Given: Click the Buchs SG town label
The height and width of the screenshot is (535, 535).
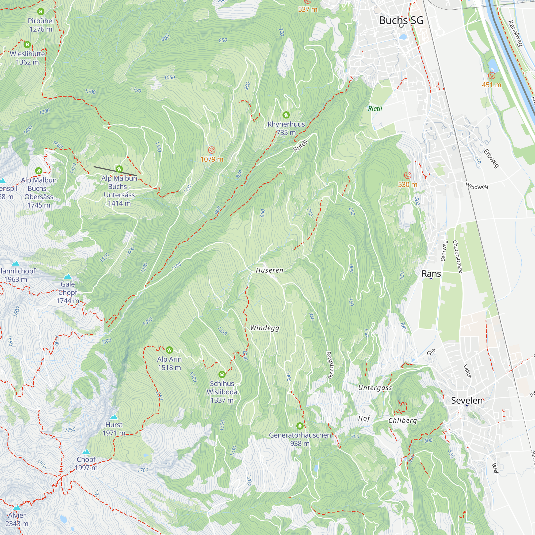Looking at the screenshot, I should pyautogui.click(x=401, y=20).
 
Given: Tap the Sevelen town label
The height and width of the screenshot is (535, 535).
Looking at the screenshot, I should pyautogui.click(x=467, y=400).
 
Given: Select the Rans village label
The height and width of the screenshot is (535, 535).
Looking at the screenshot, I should pyautogui.click(x=431, y=274).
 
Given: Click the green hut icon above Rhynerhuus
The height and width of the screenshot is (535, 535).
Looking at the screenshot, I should pyautogui.click(x=286, y=115).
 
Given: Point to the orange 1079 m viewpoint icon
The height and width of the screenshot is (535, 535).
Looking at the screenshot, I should pyautogui.click(x=212, y=150).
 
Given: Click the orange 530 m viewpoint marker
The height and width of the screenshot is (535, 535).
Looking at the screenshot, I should pyautogui.click(x=407, y=175).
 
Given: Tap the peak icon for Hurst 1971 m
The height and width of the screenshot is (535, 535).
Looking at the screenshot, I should pyautogui.click(x=114, y=417).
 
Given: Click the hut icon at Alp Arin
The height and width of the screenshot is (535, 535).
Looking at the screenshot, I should pyautogui.click(x=170, y=350).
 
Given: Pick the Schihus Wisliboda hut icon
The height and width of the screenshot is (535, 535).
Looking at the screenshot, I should pyautogui.click(x=222, y=374).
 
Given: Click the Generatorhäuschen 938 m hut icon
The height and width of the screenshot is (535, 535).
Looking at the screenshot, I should pyautogui.click(x=300, y=426).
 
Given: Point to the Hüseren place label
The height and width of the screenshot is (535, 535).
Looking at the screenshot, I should pyautogui.click(x=269, y=270).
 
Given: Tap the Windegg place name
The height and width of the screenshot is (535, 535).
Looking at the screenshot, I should pyautogui.click(x=265, y=328).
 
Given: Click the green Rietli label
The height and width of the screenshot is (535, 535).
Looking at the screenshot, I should pyautogui.click(x=375, y=109).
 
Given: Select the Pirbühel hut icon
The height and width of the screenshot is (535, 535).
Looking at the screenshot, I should pyautogui.click(x=41, y=12).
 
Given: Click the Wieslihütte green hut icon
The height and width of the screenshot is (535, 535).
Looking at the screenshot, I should pyautogui.click(x=27, y=44).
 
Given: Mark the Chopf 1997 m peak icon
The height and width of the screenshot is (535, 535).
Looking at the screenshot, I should pyautogui.click(x=86, y=452).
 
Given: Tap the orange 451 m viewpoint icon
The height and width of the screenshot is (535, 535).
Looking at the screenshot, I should pyautogui.click(x=491, y=76).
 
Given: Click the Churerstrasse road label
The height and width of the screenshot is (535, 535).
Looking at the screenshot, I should pyautogui.click(x=457, y=256).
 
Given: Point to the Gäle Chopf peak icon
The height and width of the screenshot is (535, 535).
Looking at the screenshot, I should pyautogui.click(x=68, y=276).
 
